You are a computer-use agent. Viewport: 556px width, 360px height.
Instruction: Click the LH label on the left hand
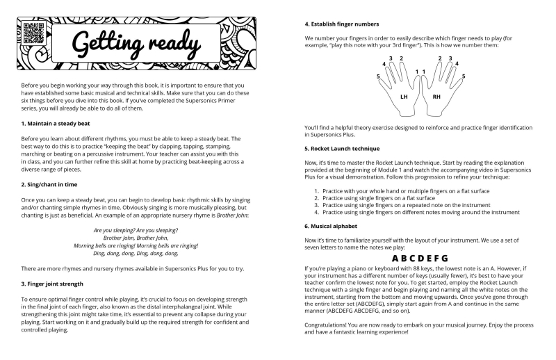404,97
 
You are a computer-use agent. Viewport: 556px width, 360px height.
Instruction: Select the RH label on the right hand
436,97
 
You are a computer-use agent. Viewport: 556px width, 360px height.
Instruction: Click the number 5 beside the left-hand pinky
378,76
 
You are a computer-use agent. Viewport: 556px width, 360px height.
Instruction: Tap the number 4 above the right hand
457,63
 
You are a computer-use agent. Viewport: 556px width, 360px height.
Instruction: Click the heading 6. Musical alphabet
334,227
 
